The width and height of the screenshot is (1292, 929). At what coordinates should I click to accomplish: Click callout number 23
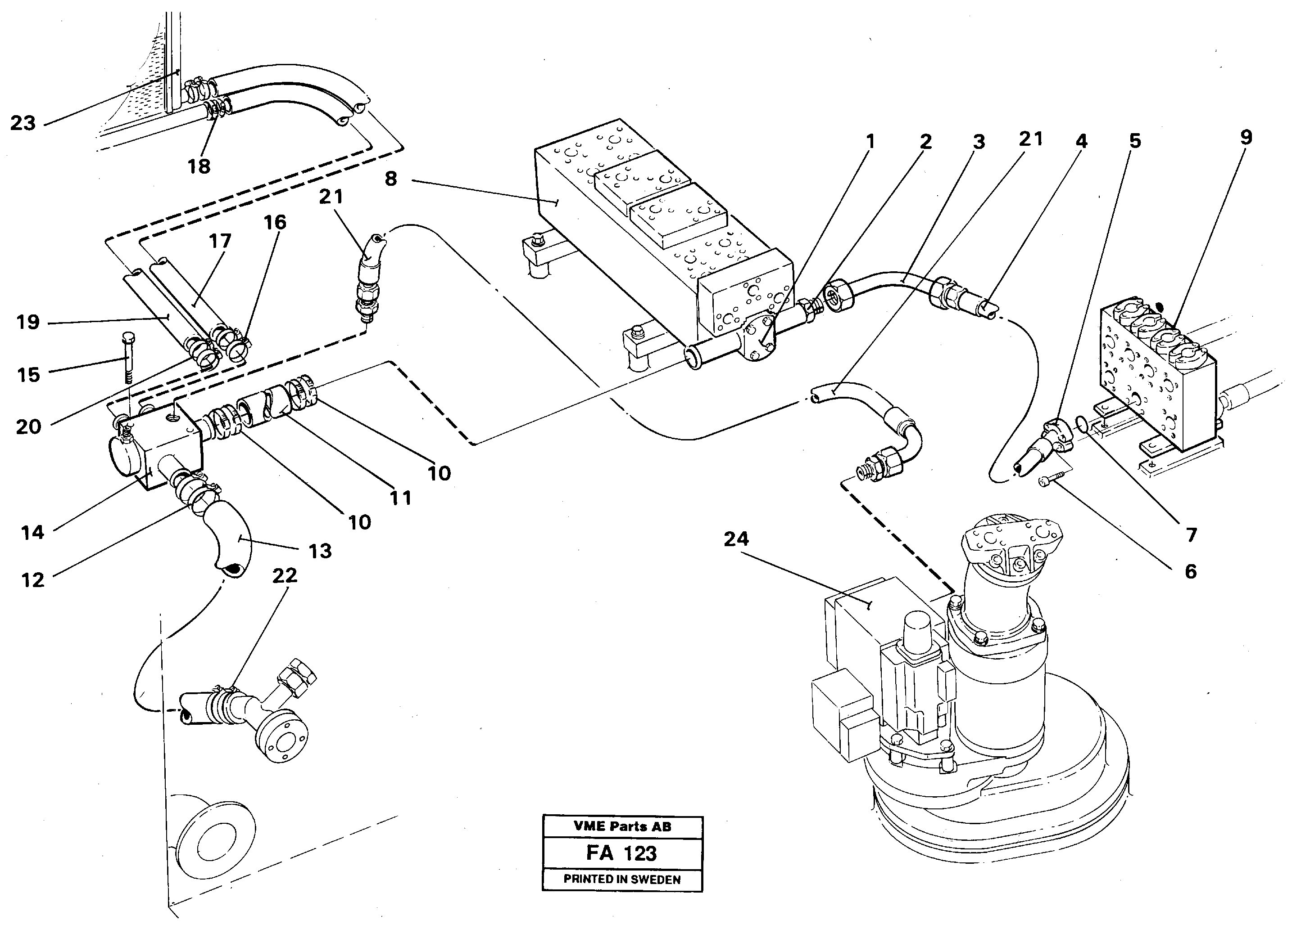click(x=23, y=123)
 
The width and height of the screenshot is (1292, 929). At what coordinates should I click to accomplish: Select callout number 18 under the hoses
click(x=199, y=167)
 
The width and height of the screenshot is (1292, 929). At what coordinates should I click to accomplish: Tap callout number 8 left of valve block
click(x=391, y=179)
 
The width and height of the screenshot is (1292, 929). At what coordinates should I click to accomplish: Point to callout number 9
click(x=1246, y=137)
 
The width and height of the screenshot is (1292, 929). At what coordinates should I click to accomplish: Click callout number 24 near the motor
click(x=736, y=539)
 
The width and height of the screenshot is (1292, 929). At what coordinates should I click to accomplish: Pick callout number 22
click(x=285, y=575)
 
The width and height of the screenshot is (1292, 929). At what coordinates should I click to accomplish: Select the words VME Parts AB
click(x=622, y=826)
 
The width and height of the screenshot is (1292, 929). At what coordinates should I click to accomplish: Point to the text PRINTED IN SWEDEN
click(x=622, y=880)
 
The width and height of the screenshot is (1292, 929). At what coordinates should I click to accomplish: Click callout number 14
click(x=32, y=533)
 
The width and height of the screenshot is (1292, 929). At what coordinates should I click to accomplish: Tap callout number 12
click(x=32, y=580)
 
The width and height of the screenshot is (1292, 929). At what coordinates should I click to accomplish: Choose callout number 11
click(x=400, y=498)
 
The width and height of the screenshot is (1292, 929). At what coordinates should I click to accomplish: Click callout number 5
click(x=1135, y=141)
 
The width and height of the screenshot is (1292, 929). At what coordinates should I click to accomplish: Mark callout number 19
click(x=27, y=323)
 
